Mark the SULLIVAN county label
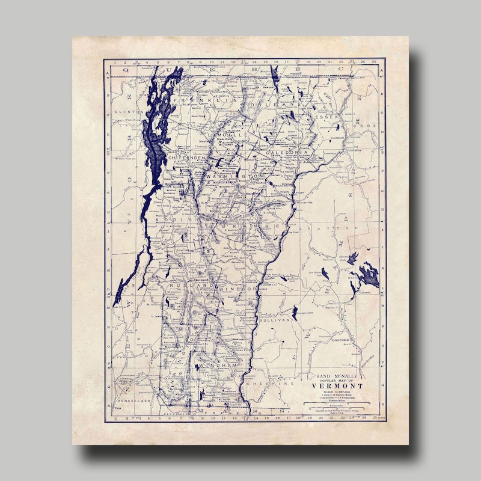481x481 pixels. point(275,321)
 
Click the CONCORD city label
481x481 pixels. point(341,340)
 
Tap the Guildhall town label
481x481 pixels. point(337,138)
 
